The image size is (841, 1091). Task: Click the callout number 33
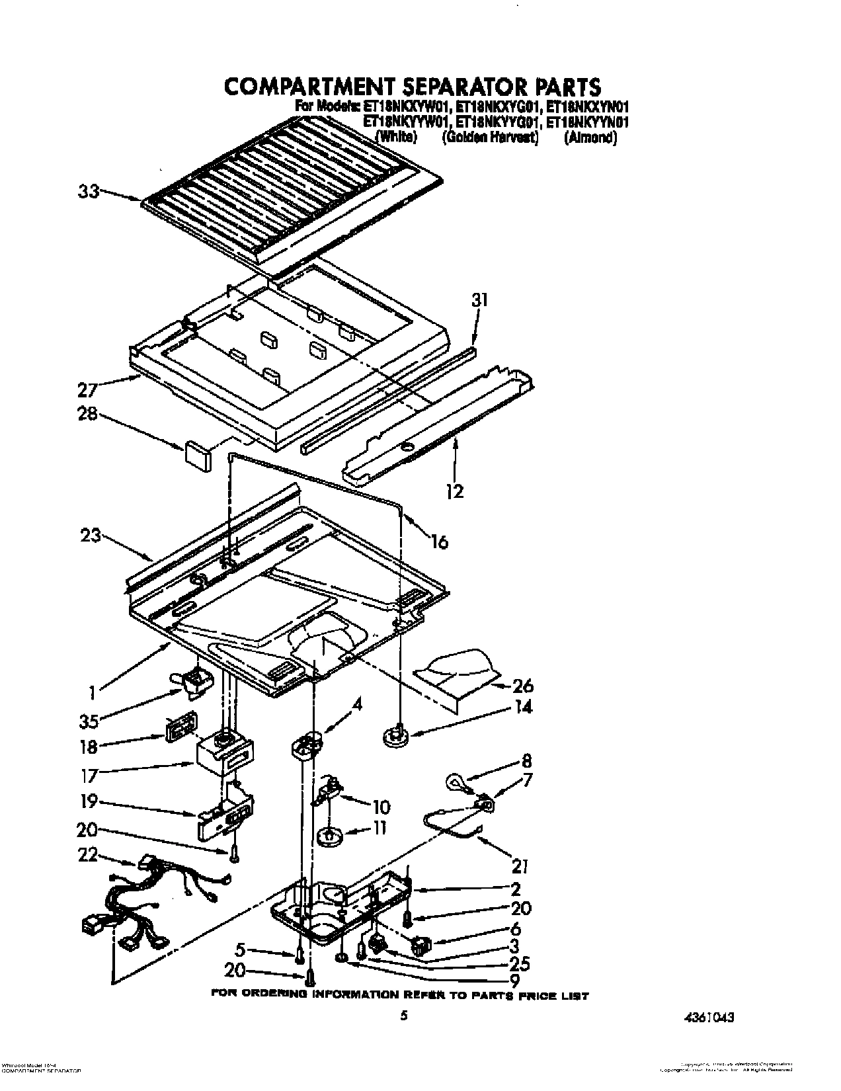coord(88,192)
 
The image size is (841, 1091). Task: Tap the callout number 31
coord(480,300)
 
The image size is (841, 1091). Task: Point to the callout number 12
coord(455,491)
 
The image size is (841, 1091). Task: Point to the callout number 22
coord(88,856)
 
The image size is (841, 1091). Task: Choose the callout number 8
coord(526,760)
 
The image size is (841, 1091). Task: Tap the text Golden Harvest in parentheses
coord(491,138)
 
